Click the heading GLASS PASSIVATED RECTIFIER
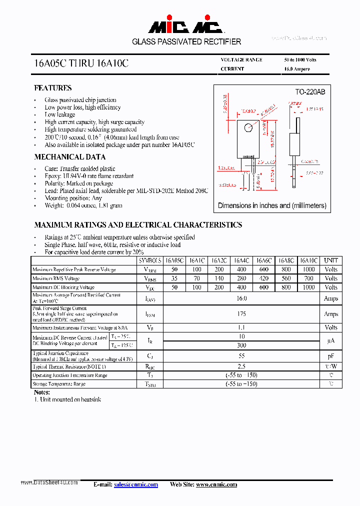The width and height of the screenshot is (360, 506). coord(186,42)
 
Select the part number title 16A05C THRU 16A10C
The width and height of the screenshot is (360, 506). coord(81,64)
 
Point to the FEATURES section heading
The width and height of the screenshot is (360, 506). coord(53,88)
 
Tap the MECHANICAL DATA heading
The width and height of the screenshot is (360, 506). coord(69,157)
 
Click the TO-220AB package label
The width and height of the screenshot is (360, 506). coord(309,92)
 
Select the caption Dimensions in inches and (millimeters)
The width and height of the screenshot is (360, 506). coord(272,205)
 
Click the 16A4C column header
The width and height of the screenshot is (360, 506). coord(241,260)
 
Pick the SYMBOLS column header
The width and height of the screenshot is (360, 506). coord(150,260)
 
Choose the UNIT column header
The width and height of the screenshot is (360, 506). coord(330,260)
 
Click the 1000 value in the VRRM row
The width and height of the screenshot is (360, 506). coord(308,269)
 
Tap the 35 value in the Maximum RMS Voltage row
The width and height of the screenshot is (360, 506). coord(174,278)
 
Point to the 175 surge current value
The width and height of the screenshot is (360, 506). coord(241,314)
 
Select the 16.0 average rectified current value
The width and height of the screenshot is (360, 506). coord(241,298)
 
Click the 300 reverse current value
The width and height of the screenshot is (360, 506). coord(241,345)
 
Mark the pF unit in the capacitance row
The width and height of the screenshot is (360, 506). coord(330,356)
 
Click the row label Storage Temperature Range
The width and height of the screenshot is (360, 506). coord(59,384)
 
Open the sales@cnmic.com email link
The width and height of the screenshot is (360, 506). coord(135,484)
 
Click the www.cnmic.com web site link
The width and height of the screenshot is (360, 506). coord(216,484)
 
